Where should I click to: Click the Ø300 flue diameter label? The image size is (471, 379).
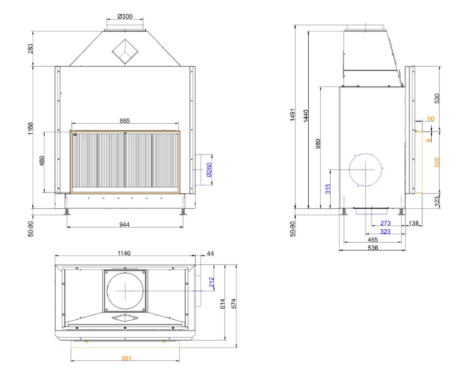tap(125, 16)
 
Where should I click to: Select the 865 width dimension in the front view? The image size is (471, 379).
tap(125, 121)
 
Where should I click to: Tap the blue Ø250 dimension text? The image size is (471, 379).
tap(209, 170)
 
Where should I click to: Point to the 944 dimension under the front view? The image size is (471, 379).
tap(125, 224)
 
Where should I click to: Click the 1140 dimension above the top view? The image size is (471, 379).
tap(123, 254)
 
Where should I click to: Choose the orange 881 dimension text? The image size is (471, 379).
tap(126, 358)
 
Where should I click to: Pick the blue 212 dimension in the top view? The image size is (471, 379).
tap(212, 282)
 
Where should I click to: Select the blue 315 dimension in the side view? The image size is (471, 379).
tap(328, 189)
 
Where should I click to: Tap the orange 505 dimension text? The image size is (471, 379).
tap(437, 162)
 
